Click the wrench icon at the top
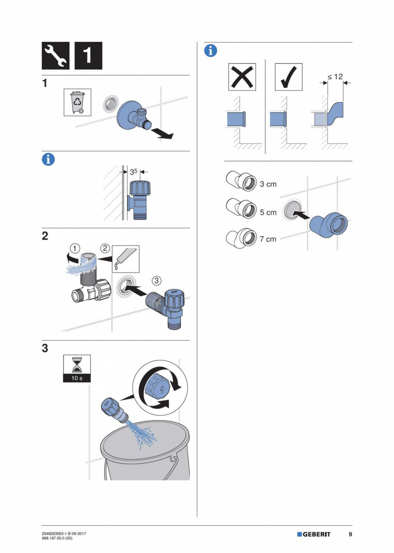[x=56, y=56]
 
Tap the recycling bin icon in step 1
[x=78, y=102]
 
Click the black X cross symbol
[x=242, y=77]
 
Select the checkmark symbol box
[x=288, y=77]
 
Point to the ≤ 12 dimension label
[x=335, y=76]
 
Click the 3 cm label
[x=268, y=184]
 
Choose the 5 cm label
[x=268, y=213]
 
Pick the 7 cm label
[x=268, y=239]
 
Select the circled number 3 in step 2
[x=157, y=280]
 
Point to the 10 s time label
[x=77, y=379]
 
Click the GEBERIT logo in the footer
[x=313, y=535]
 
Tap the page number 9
[x=350, y=535]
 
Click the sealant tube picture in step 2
[x=125, y=259]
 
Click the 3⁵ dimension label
[x=134, y=172]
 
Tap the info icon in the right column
[x=210, y=50]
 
